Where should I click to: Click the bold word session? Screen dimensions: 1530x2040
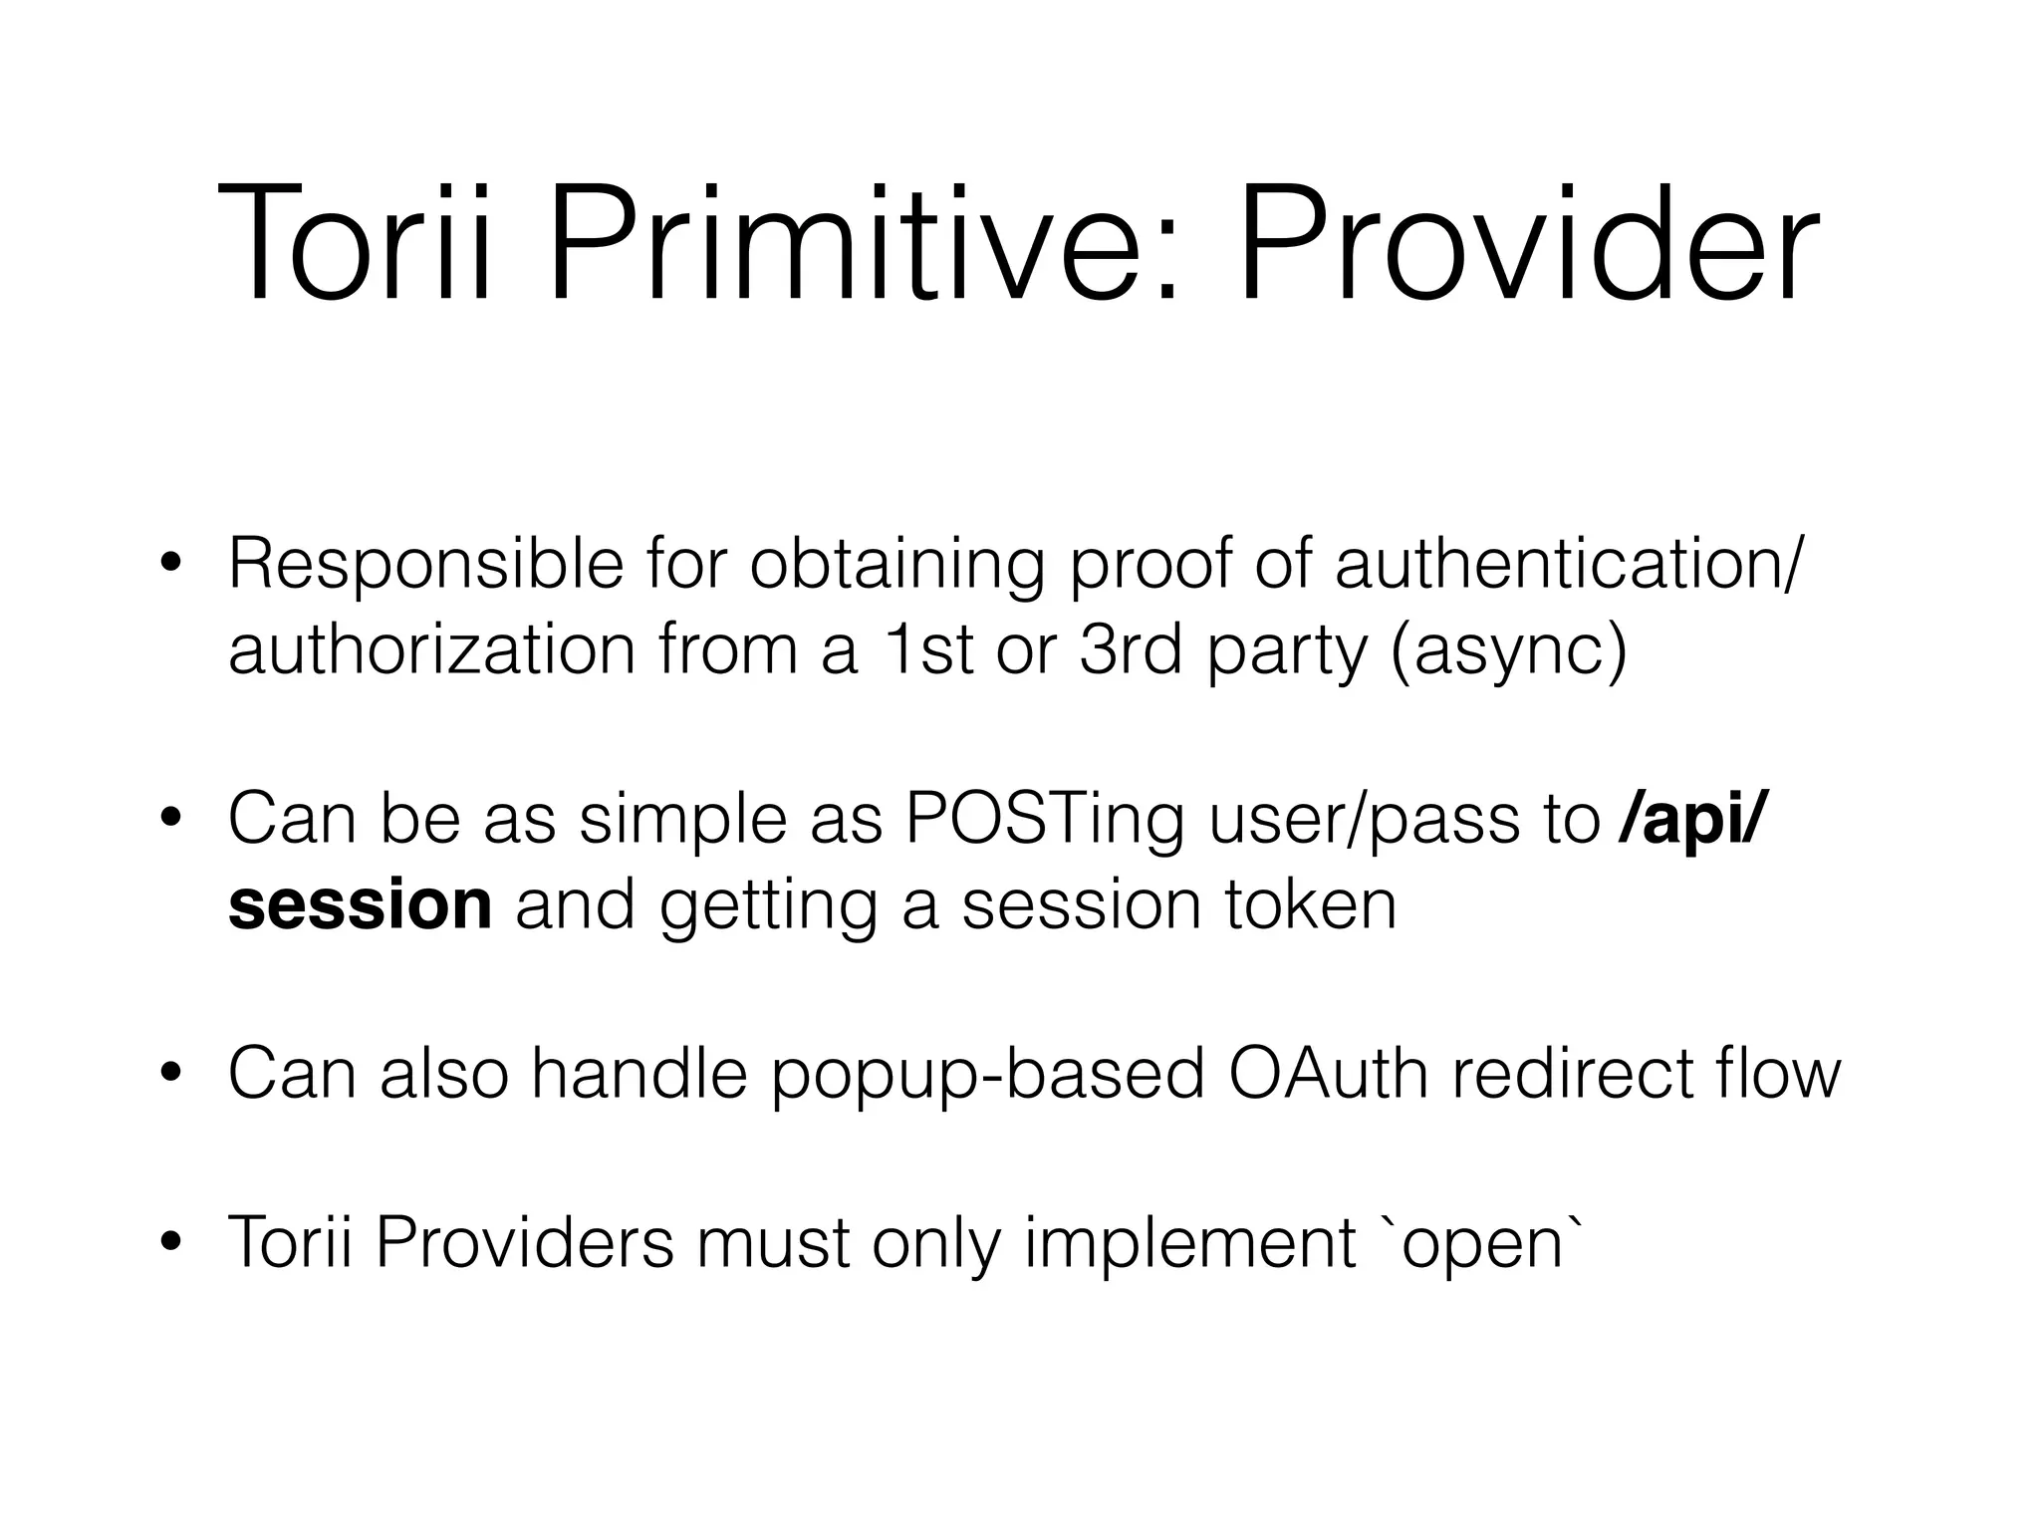[x=360, y=905]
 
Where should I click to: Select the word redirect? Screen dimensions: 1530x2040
[x=1563, y=1074]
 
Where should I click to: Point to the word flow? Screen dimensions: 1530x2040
[x=1777, y=1074]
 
